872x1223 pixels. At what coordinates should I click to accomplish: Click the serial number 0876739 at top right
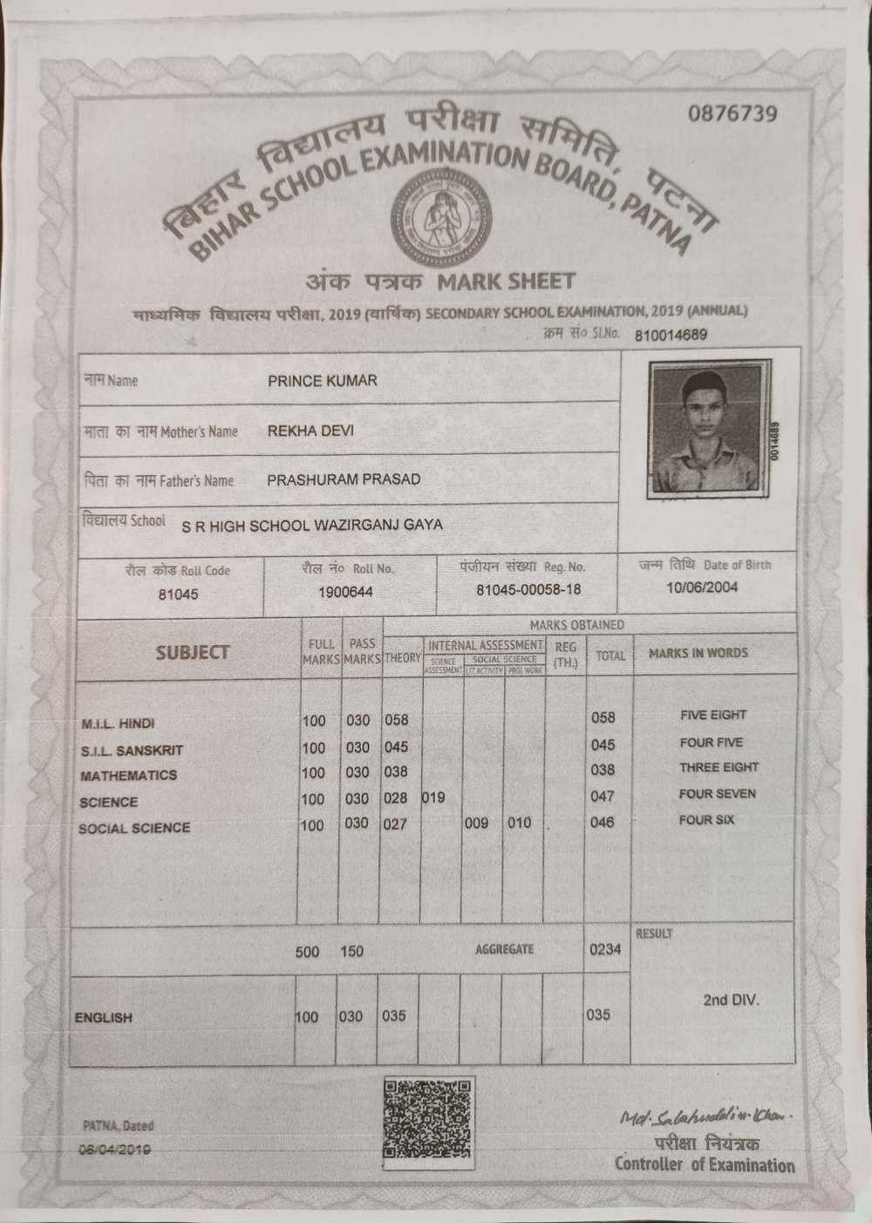coord(732,114)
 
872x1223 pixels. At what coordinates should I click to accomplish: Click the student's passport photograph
coord(706,430)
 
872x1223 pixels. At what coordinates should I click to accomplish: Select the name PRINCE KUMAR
coord(323,381)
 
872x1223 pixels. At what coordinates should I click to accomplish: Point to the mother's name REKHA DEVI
coord(310,431)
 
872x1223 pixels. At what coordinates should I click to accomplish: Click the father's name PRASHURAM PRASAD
coord(344,479)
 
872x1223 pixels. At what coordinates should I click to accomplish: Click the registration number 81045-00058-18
coord(528,590)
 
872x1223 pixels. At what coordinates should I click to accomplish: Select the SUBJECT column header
coord(193,652)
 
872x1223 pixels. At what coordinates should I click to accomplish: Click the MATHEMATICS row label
coord(128,775)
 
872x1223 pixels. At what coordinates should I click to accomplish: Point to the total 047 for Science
coord(603,796)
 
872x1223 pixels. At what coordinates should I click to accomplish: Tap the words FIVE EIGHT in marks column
coord(713,715)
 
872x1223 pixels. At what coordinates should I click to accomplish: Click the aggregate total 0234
coord(605,948)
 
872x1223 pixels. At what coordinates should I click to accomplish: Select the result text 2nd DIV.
coord(731,1000)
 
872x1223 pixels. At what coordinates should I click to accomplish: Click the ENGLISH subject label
coord(104,1017)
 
